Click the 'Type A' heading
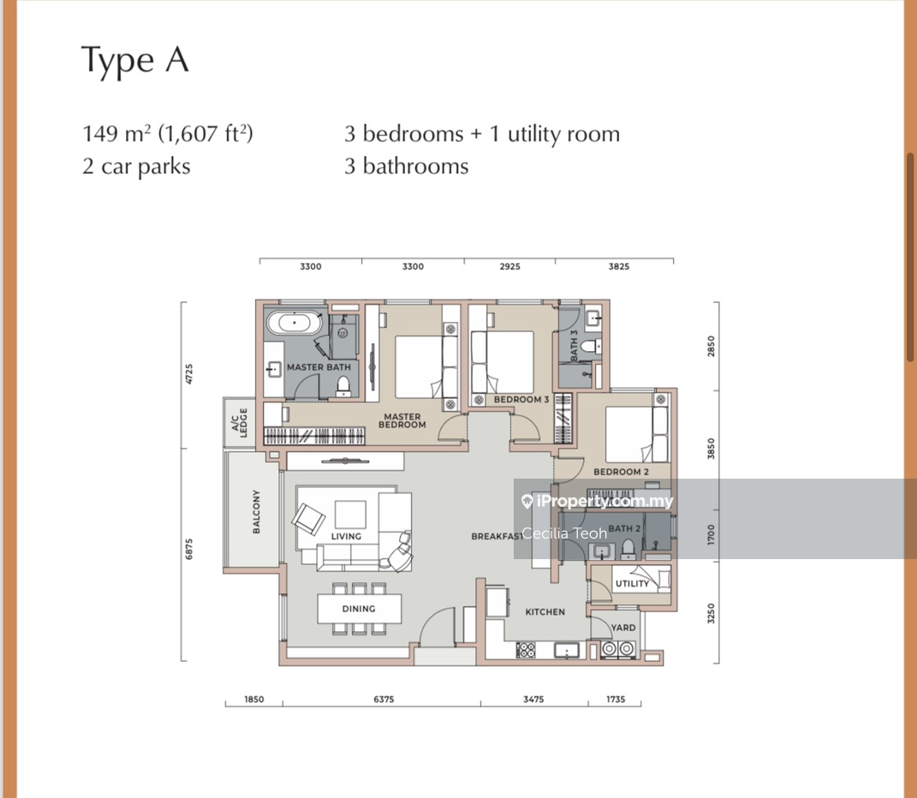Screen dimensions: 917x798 tap(135, 60)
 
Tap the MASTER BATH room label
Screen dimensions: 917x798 tap(319, 367)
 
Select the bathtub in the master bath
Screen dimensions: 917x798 tap(295, 322)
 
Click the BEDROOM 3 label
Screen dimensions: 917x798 tap(521, 400)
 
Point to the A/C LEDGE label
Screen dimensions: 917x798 tap(240, 422)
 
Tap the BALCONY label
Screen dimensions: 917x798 tap(256, 512)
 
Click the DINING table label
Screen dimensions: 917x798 tap(359, 609)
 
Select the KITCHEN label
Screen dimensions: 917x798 tap(545, 612)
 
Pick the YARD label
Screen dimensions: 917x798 tap(622, 628)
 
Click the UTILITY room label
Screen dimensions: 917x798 tap(632, 583)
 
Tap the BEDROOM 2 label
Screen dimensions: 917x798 tap(621, 472)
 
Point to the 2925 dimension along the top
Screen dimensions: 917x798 tap(509, 266)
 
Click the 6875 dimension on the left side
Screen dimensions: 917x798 tap(189, 549)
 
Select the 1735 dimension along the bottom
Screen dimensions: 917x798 tap(616, 700)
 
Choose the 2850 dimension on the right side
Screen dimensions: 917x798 tap(712, 347)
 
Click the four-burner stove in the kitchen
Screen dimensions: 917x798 tap(526, 650)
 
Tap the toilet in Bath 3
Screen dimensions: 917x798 tap(592, 347)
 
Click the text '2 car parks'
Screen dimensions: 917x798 tap(136, 167)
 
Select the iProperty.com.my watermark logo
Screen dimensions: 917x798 tap(597, 501)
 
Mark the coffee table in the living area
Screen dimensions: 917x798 tap(350, 515)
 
